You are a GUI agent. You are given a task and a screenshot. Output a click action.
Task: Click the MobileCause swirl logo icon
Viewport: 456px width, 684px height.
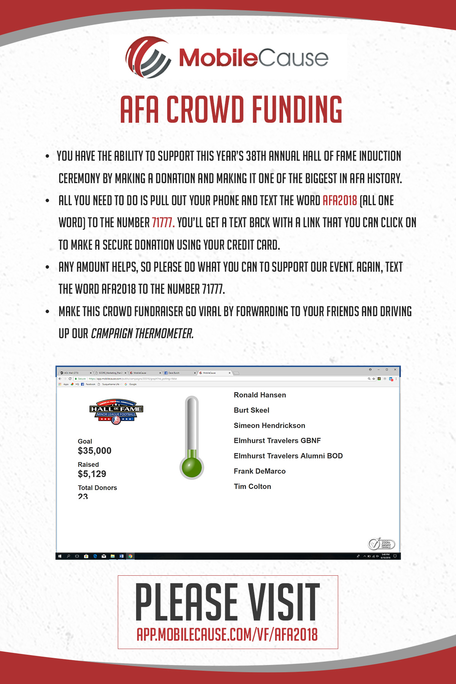(x=148, y=57)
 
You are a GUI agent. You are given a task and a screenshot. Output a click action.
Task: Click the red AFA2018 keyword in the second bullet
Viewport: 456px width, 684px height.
(x=340, y=201)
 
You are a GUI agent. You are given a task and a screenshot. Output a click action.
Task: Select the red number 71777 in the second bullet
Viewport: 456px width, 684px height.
(x=163, y=223)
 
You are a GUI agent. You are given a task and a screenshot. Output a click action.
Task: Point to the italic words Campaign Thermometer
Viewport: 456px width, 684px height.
(x=142, y=334)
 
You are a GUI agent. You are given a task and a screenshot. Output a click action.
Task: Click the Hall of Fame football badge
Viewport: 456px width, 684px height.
(x=116, y=412)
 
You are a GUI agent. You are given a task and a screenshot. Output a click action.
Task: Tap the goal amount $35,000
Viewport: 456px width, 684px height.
(x=95, y=451)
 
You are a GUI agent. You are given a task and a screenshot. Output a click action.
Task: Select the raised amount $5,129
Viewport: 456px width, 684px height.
(x=92, y=474)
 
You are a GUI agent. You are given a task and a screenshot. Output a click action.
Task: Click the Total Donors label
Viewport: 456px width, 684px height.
(x=97, y=488)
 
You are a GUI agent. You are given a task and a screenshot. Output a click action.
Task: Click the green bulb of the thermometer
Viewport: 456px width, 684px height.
(x=192, y=467)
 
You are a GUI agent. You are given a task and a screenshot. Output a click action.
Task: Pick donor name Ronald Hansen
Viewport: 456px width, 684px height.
(x=260, y=395)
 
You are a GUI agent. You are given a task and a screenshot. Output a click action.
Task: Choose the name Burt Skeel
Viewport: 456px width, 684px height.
(x=252, y=410)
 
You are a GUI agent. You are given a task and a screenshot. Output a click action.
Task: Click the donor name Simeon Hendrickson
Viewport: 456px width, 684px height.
(x=269, y=426)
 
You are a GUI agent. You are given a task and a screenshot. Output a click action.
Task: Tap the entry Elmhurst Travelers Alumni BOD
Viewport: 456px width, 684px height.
(x=288, y=456)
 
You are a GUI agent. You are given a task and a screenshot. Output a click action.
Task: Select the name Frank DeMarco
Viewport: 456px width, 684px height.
(x=260, y=471)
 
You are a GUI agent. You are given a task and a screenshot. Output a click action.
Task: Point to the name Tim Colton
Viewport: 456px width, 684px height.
(x=252, y=486)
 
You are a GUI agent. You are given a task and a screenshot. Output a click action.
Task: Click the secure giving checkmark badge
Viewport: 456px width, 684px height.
(x=381, y=544)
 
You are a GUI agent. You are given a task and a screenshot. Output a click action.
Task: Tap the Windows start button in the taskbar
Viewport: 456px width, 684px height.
(x=60, y=556)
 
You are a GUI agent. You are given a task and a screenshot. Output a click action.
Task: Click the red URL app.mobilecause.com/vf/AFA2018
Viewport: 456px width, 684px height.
(x=227, y=635)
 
